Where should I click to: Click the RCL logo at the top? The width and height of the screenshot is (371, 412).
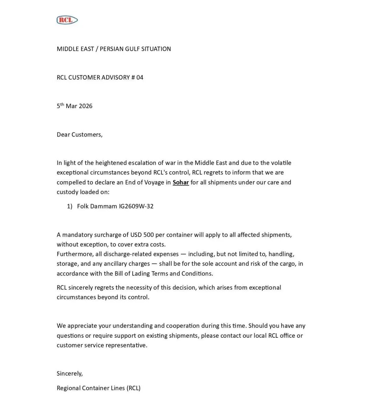tap(67, 20)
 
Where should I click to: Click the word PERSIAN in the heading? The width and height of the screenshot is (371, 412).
tap(112, 49)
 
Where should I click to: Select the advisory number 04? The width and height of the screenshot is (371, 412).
tap(139, 77)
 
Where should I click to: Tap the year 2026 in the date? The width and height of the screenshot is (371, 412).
tap(86, 106)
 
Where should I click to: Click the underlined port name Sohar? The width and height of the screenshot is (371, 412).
tap(181, 182)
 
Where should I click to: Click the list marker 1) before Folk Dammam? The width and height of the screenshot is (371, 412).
tap(70, 206)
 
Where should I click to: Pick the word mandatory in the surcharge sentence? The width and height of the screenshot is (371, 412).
tap(78, 235)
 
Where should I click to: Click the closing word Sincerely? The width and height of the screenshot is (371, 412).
tap(69, 373)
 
